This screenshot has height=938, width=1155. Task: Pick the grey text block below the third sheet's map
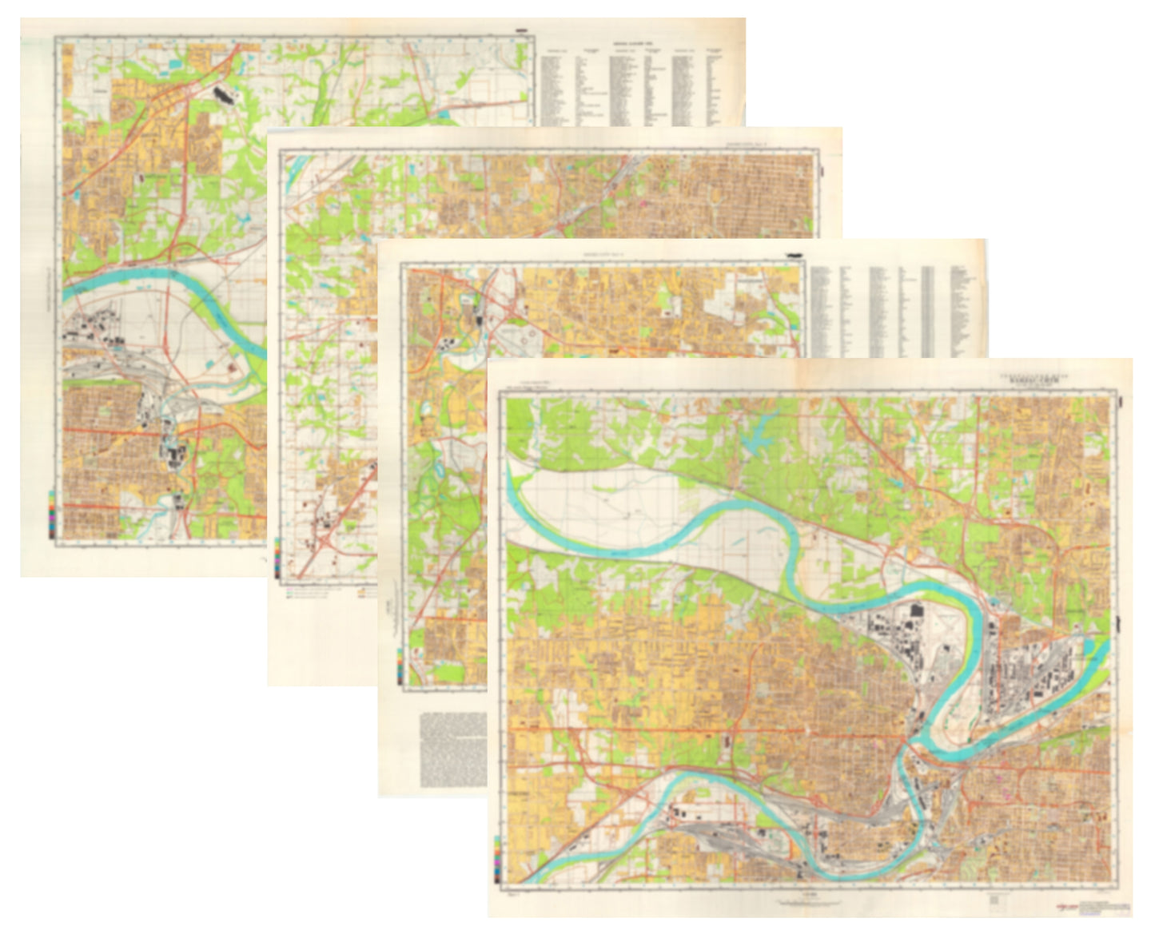[453, 749]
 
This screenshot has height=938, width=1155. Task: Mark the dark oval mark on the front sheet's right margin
[1122, 403]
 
